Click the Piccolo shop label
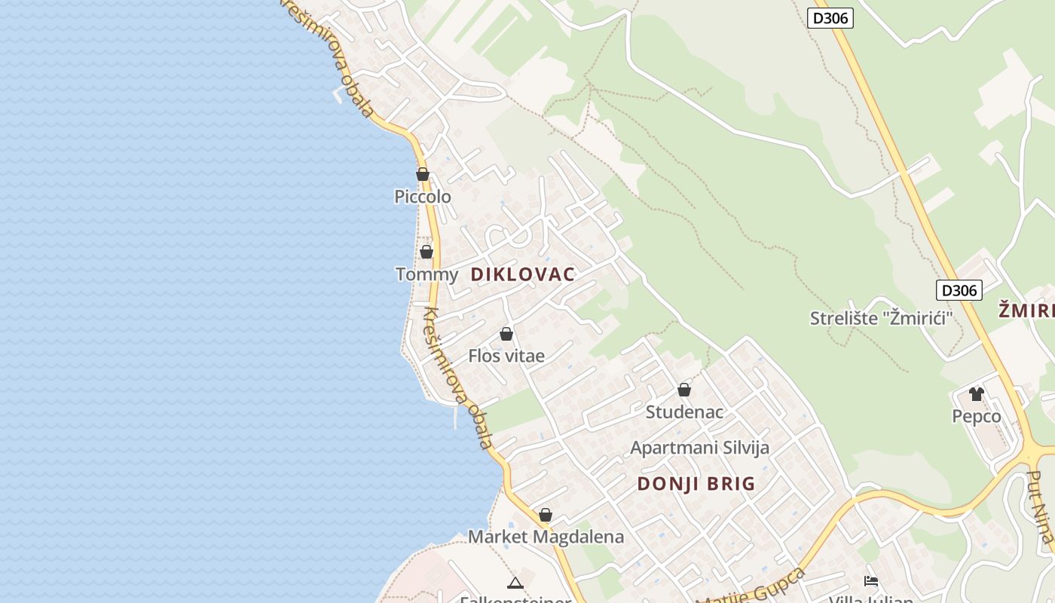click(x=423, y=197)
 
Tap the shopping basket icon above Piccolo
click(x=423, y=174)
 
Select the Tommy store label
click(x=427, y=274)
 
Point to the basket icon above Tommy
click(x=427, y=252)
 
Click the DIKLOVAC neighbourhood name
click(x=523, y=274)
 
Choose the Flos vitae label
click(x=506, y=356)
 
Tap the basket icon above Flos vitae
click(x=506, y=334)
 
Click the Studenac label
click(x=684, y=412)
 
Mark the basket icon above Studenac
click(x=684, y=390)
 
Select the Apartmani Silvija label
click(x=699, y=448)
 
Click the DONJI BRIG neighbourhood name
click(x=696, y=484)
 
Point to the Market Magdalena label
click(x=546, y=537)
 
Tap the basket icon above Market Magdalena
click(x=546, y=515)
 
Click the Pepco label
click(x=977, y=416)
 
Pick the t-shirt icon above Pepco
click(x=977, y=393)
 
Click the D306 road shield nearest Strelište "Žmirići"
click(x=959, y=290)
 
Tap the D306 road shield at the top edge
click(x=830, y=18)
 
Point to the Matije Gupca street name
click(x=752, y=589)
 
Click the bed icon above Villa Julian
click(x=871, y=581)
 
